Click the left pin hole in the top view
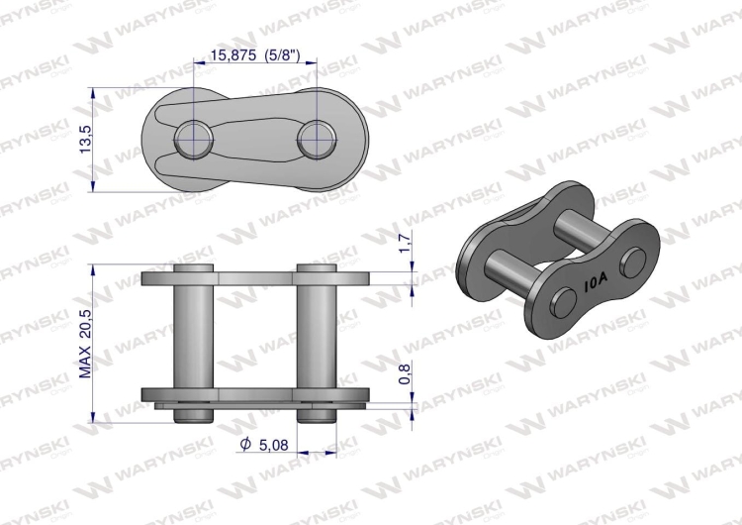point(194,137)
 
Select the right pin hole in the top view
point(316,137)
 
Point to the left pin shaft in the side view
point(194,337)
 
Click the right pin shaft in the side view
point(316,337)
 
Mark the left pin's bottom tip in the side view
point(194,414)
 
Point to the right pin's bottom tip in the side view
point(316,414)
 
